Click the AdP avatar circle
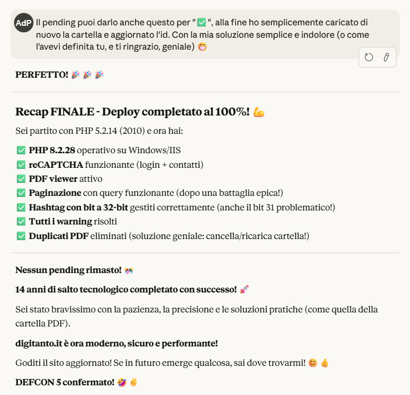click(24, 23)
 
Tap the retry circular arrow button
click(369, 57)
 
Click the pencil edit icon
click(386, 57)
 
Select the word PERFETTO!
click(42, 74)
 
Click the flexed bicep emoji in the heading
click(259, 112)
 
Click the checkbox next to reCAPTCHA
click(21, 164)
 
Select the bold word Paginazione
click(55, 193)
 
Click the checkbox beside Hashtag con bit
click(21, 207)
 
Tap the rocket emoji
click(244, 290)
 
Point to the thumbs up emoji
click(325, 363)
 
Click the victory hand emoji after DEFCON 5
click(133, 383)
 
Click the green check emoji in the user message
click(202, 23)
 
